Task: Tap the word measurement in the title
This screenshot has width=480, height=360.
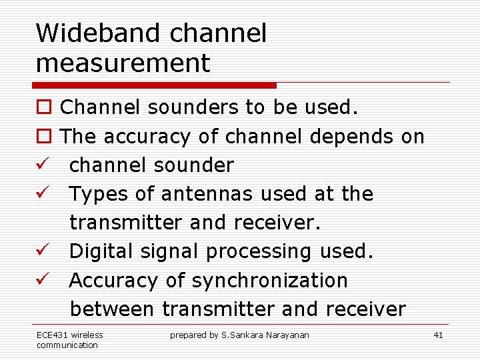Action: click(x=123, y=63)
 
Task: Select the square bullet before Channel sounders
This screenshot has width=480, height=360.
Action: click(x=43, y=108)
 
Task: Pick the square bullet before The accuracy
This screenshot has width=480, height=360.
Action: click(x=43, y=137)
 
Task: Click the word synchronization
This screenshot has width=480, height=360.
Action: click(x=269, y=281)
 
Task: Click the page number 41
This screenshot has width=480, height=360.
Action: click(x=438, y=335)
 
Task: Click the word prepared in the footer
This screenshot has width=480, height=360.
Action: click(x=188, y=335)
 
